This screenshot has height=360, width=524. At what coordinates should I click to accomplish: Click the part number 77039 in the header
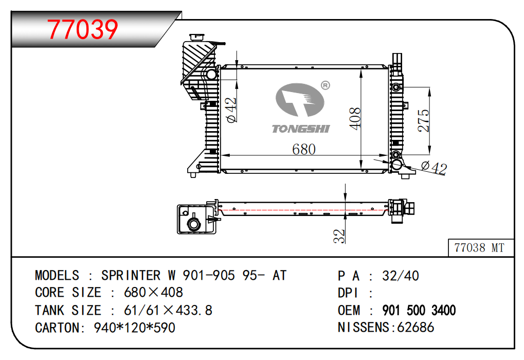tap(83, 29)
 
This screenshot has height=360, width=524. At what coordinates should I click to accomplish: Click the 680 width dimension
tap(303, 149)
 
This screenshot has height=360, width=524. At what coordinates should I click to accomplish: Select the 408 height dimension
tap(355, 118)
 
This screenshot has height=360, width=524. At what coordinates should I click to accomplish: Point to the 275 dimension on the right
tap(423, 121)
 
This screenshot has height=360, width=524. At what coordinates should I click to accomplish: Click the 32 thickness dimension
tap(339, 236)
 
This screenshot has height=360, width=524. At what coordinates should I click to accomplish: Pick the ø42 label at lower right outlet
tap(433, 168)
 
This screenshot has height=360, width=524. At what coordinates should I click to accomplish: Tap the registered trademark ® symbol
tap(325, 85)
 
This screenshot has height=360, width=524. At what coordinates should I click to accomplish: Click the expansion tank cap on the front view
tap(196, 37)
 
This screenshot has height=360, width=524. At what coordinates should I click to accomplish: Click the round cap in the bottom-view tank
tap(194, 224)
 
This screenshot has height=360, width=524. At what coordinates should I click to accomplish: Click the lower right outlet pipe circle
tap(397, 165)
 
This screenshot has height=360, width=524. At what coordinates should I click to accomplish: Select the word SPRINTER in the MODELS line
tap(130, 276)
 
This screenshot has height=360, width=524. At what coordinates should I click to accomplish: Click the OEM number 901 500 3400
tap(419, 311)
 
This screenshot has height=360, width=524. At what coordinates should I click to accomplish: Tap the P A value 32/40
tap(400, 276)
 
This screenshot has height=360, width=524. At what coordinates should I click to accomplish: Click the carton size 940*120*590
tap(134, 328)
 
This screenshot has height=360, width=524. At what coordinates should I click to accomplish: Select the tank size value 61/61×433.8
tap(168, 311)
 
